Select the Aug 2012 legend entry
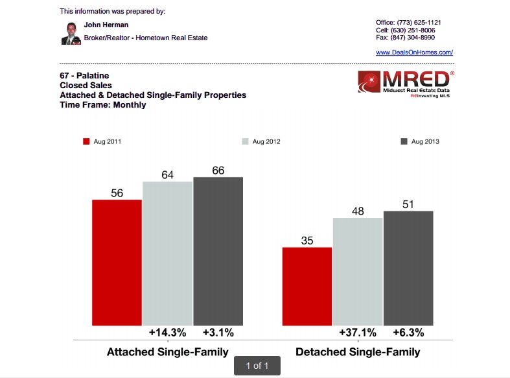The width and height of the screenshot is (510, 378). point(261,141)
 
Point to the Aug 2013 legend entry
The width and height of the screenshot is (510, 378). point(421,141)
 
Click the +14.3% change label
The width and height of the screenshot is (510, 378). point(167,333)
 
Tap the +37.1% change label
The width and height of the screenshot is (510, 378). point(358,333)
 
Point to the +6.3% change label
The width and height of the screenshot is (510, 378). point(408,333)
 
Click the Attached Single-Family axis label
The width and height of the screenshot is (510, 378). point(167,352)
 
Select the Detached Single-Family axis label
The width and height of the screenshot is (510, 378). point(358,352)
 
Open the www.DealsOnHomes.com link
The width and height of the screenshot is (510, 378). point(414,52)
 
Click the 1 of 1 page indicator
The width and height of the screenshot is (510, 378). point(257,366)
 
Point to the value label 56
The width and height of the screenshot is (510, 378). point(117,193)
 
